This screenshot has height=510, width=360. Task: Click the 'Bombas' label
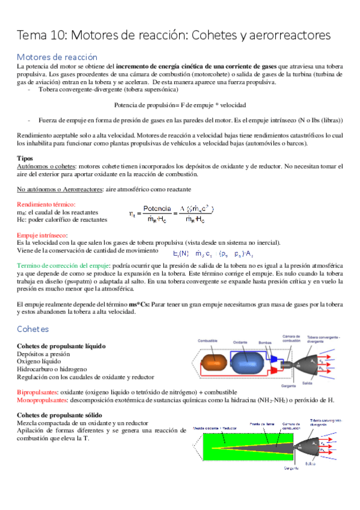click(x=267, y=341)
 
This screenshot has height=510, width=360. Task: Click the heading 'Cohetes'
click(x=33, y=329)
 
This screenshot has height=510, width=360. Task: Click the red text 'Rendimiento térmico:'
click(x=46, y=204)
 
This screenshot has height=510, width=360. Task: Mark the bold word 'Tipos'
click(x=25, y=158)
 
